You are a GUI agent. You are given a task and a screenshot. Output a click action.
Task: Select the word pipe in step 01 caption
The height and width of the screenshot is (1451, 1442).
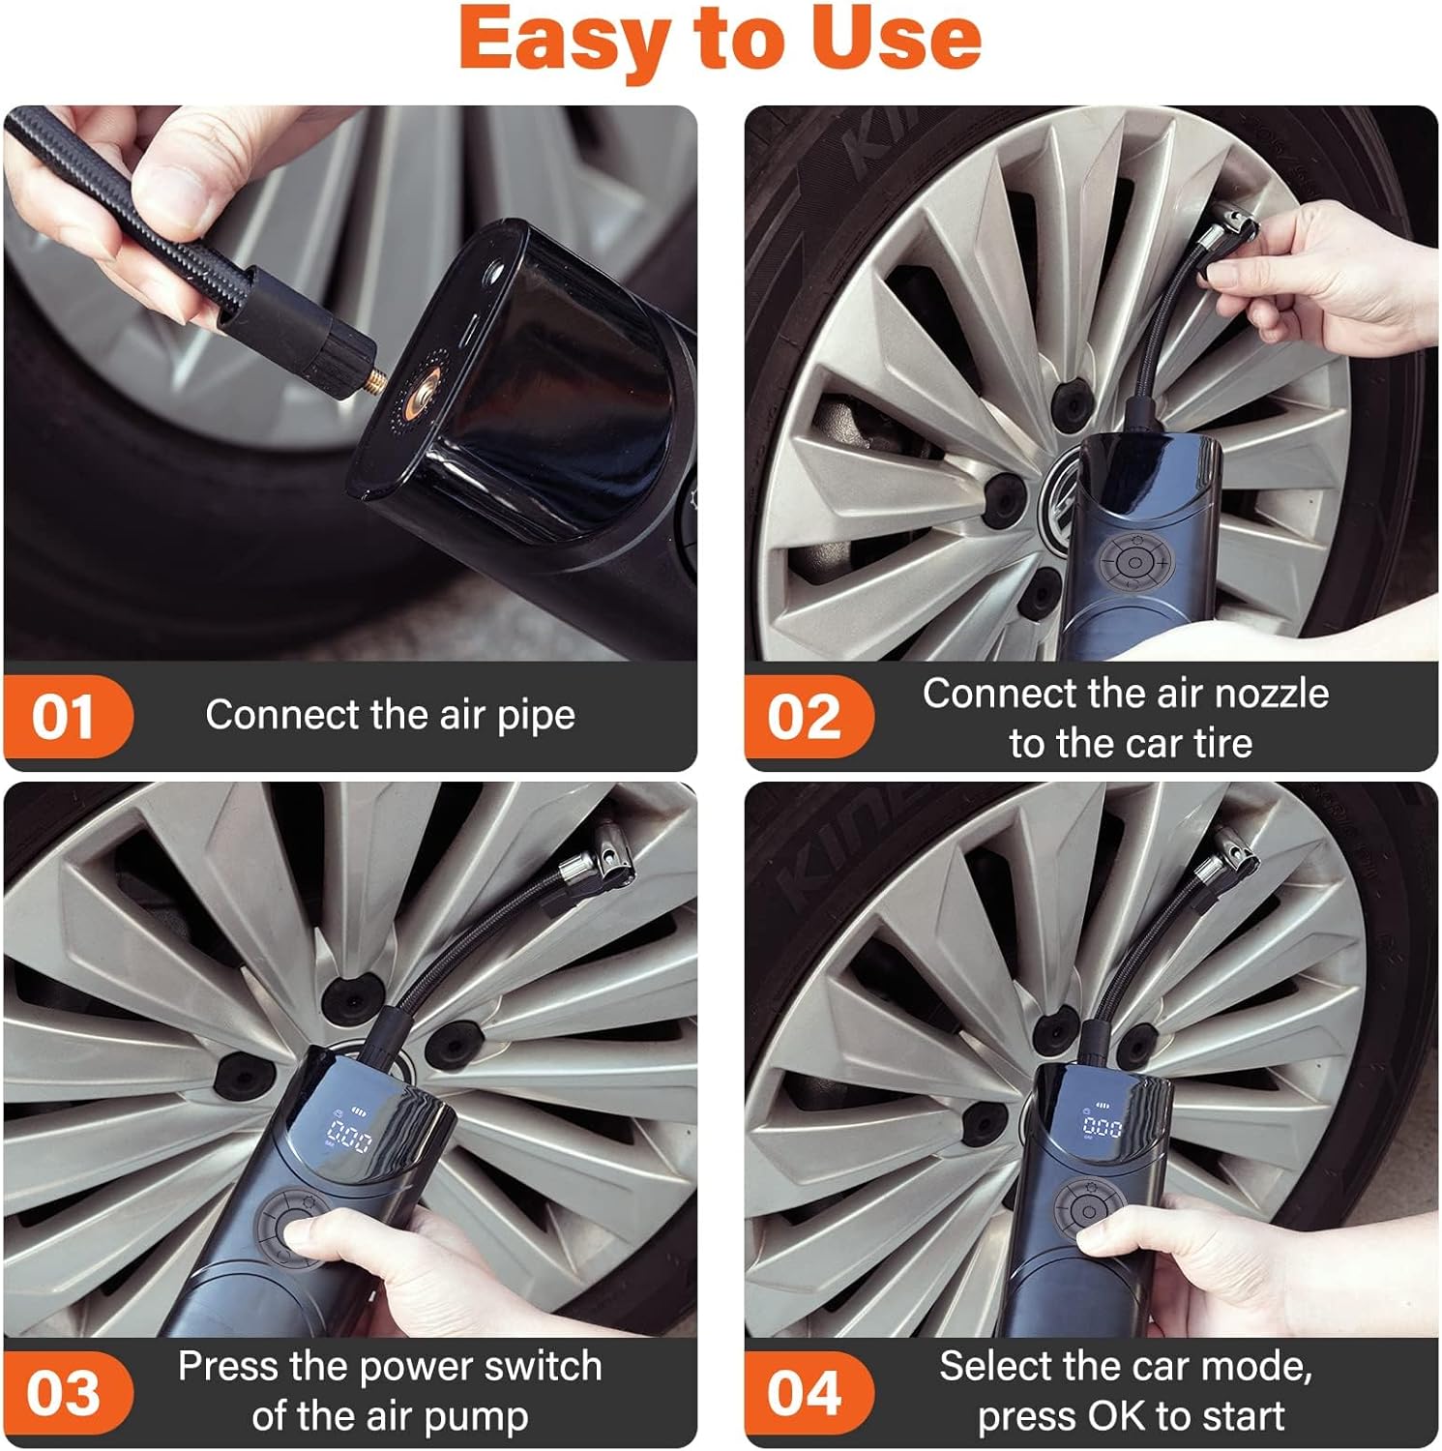click(x=536, y=716)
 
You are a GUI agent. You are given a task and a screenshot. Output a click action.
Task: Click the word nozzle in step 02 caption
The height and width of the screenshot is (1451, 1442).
click(x=1271, y=694)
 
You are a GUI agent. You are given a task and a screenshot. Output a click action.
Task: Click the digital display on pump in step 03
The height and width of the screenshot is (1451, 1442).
click(x=349, y=1138)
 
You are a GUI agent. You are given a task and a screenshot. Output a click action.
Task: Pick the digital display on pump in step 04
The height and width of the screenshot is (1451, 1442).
click(x=1102, y=1126)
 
